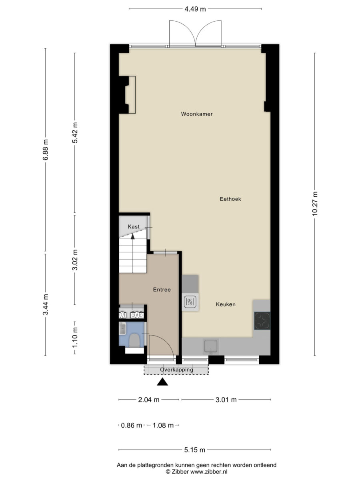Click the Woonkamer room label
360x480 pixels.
[196, 114]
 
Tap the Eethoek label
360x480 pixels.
[230, 199]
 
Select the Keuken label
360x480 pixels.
[226, 304]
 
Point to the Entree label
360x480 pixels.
[162, 290]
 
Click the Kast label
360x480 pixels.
[134, 226]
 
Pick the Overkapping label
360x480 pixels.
[177, 370]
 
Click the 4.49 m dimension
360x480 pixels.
[195, 9]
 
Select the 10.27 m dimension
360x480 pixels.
[315, 204]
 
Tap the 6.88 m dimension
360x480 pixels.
[46, 150]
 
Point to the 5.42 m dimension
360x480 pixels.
[75, 133]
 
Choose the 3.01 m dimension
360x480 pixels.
[226, 400]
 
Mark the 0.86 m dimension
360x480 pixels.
[131, 425]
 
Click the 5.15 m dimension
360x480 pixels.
[194, 450]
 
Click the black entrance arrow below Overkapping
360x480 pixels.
[162, 382]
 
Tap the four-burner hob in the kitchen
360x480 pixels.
[262, 321]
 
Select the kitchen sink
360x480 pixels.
[211, 346]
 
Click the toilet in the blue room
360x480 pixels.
[134, 340]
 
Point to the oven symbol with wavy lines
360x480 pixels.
[190, 302]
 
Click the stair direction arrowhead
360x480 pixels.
[132, 236]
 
